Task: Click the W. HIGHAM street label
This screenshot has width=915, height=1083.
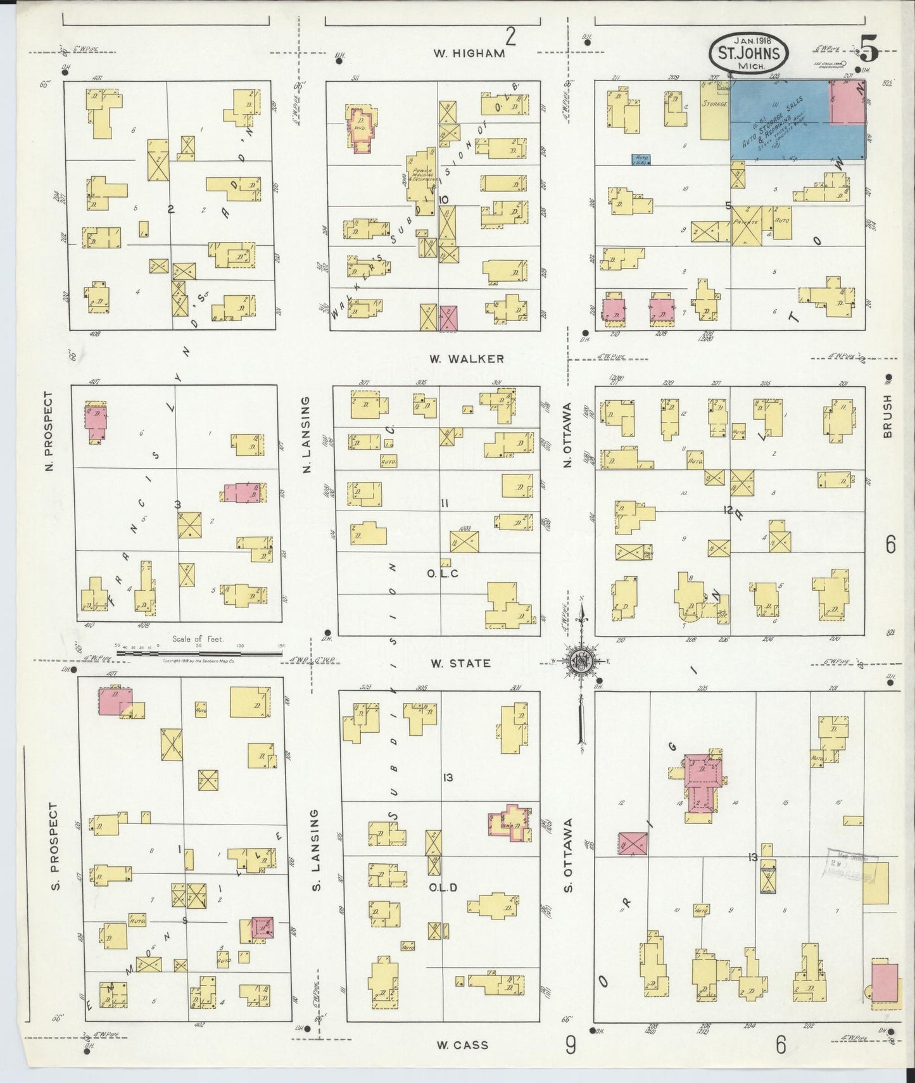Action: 469,54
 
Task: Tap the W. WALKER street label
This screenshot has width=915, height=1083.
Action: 467,359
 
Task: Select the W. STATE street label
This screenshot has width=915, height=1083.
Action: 460,663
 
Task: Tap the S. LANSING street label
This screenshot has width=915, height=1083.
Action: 317,849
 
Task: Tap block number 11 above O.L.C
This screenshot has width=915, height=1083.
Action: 445,503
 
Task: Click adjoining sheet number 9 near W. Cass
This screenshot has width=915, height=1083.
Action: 570,1046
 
